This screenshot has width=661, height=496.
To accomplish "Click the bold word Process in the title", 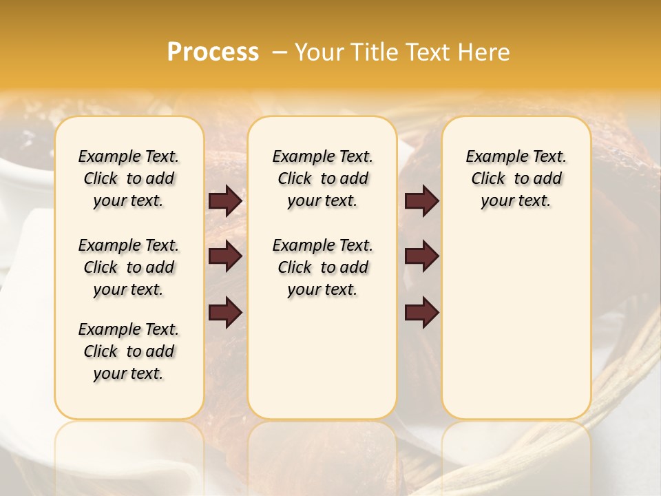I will tap(213, 52).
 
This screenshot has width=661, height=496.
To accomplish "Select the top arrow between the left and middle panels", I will tap(225, 201).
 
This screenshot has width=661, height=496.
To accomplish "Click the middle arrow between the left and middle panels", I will tap(225, 257).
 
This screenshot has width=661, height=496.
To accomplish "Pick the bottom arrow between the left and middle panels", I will tap(225, 313).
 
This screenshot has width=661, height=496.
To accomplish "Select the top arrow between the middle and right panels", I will tap(421, 201).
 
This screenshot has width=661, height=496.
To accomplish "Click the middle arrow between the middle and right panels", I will tap(421, 257).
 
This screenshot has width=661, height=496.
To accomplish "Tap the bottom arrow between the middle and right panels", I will tap(421, 313).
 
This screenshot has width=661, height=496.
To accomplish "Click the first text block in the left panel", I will tap(129, 178).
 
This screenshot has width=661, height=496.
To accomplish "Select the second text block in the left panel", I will tap(129, 267).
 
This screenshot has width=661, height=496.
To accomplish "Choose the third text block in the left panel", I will tap(129, 351).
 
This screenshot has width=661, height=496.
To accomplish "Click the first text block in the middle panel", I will tap(322, 178).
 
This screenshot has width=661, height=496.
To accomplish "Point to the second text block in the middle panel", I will tap(322, 267).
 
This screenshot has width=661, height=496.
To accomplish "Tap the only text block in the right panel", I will tap(516, 178).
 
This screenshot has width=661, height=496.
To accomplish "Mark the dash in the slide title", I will tap(279, 52).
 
